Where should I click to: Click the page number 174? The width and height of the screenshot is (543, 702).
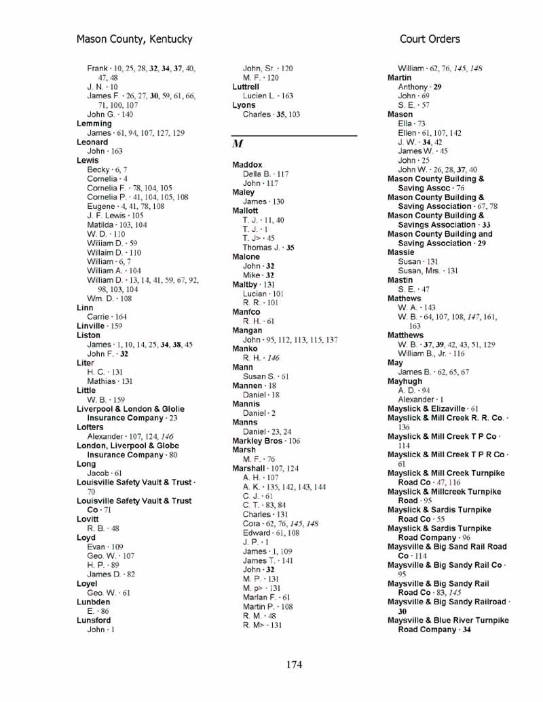pos(294,664)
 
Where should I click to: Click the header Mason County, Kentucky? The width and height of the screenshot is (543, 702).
pos(134,39)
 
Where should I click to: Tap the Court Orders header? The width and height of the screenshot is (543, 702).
pos(430,39)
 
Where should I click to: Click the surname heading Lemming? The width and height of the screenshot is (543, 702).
pos(94,124)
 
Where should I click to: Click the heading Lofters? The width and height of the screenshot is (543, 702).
pos(90,427)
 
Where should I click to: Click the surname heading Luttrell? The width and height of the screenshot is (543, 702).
pos(246,87)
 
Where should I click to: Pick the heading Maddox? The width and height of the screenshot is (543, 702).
pos(247,165)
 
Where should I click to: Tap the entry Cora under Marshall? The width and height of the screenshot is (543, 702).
pos(252,524)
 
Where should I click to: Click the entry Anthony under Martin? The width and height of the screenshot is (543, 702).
pos(413,87)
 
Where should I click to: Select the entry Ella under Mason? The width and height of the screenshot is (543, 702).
pos(405,123)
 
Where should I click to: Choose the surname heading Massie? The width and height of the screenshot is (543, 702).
pos(400,252)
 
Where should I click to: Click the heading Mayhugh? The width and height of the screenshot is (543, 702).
pos(405,381)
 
